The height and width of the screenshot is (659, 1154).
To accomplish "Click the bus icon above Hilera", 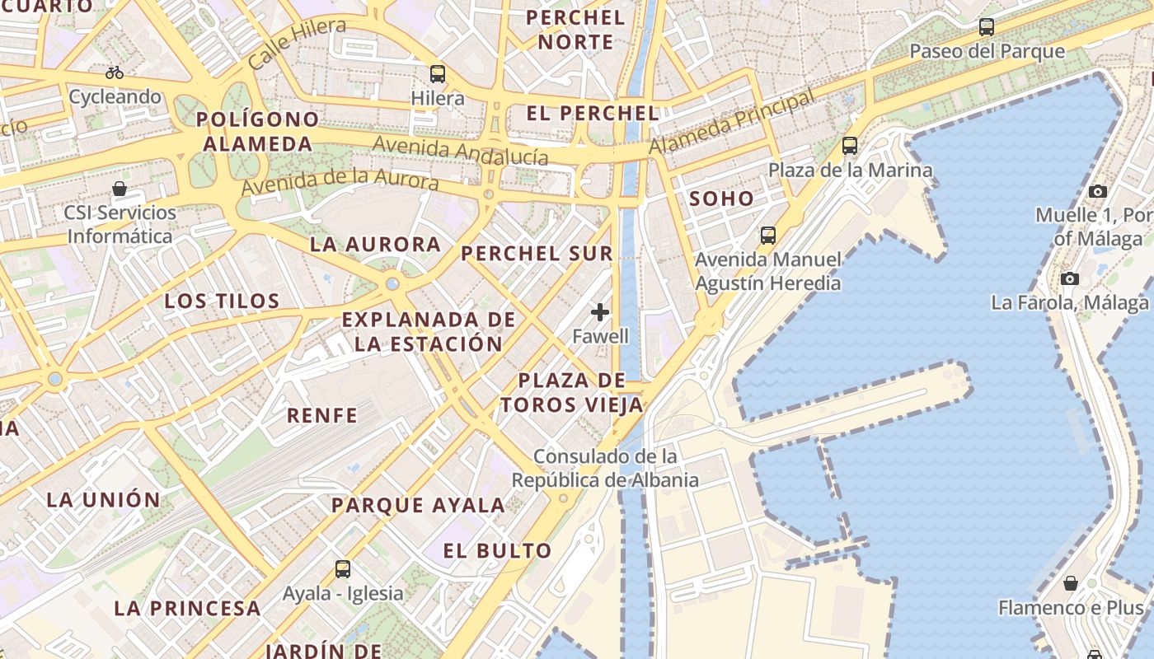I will (x=438, y=74).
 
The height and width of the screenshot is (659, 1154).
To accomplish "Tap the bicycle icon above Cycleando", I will (x=115, y=72).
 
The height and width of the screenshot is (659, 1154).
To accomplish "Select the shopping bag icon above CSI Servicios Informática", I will (x=120, y=189).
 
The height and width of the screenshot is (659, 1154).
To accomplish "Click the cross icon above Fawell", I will (x=600, y=312).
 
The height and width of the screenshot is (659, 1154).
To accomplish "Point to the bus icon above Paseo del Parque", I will (x=987, y=27).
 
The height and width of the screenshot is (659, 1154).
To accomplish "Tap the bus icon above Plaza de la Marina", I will (x=850, y=146).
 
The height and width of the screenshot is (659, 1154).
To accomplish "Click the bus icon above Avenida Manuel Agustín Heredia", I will (x=768, y=236).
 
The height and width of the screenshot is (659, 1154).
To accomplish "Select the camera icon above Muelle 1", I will (x=1097, y=191).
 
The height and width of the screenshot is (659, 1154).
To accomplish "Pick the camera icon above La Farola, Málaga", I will (x=1070, y=278).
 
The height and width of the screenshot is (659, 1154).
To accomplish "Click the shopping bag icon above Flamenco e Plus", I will (x=1071, y=583).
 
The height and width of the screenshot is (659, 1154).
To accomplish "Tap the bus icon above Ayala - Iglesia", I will (x=342, y=568).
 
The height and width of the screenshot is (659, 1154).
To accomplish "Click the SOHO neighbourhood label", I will (x=721, y=199).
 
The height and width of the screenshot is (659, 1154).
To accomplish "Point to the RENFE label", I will (x=322, y=415).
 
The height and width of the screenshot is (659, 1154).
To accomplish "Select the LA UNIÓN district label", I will (x=104, y=500).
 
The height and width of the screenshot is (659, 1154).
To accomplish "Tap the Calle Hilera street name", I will (x=297, y=43).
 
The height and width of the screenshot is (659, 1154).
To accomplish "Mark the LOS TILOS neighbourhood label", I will (x=223, y=301).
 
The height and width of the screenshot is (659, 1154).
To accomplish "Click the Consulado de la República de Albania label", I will (x=605, y=468).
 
